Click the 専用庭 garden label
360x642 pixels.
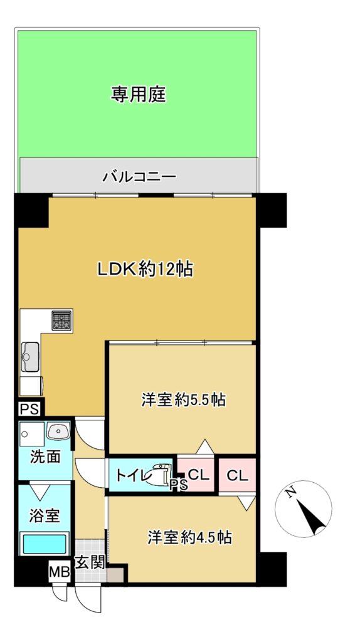point(139,95)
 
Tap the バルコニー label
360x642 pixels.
point(139,177)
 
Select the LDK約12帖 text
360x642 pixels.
point(145,270)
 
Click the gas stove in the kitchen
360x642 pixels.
point(61,320)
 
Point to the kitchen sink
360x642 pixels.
point(30,357)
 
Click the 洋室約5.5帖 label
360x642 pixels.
point(184,399)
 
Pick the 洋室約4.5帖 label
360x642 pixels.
point(189,537)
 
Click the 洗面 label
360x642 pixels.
point(45,457)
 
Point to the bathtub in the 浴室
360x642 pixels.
point(45,544)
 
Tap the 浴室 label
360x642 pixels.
point(45,516)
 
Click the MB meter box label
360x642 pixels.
point(60,571)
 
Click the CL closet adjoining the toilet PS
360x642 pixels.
point(199,475)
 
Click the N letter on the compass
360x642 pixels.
point(291,492)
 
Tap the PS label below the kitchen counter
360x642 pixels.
point(29,409)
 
